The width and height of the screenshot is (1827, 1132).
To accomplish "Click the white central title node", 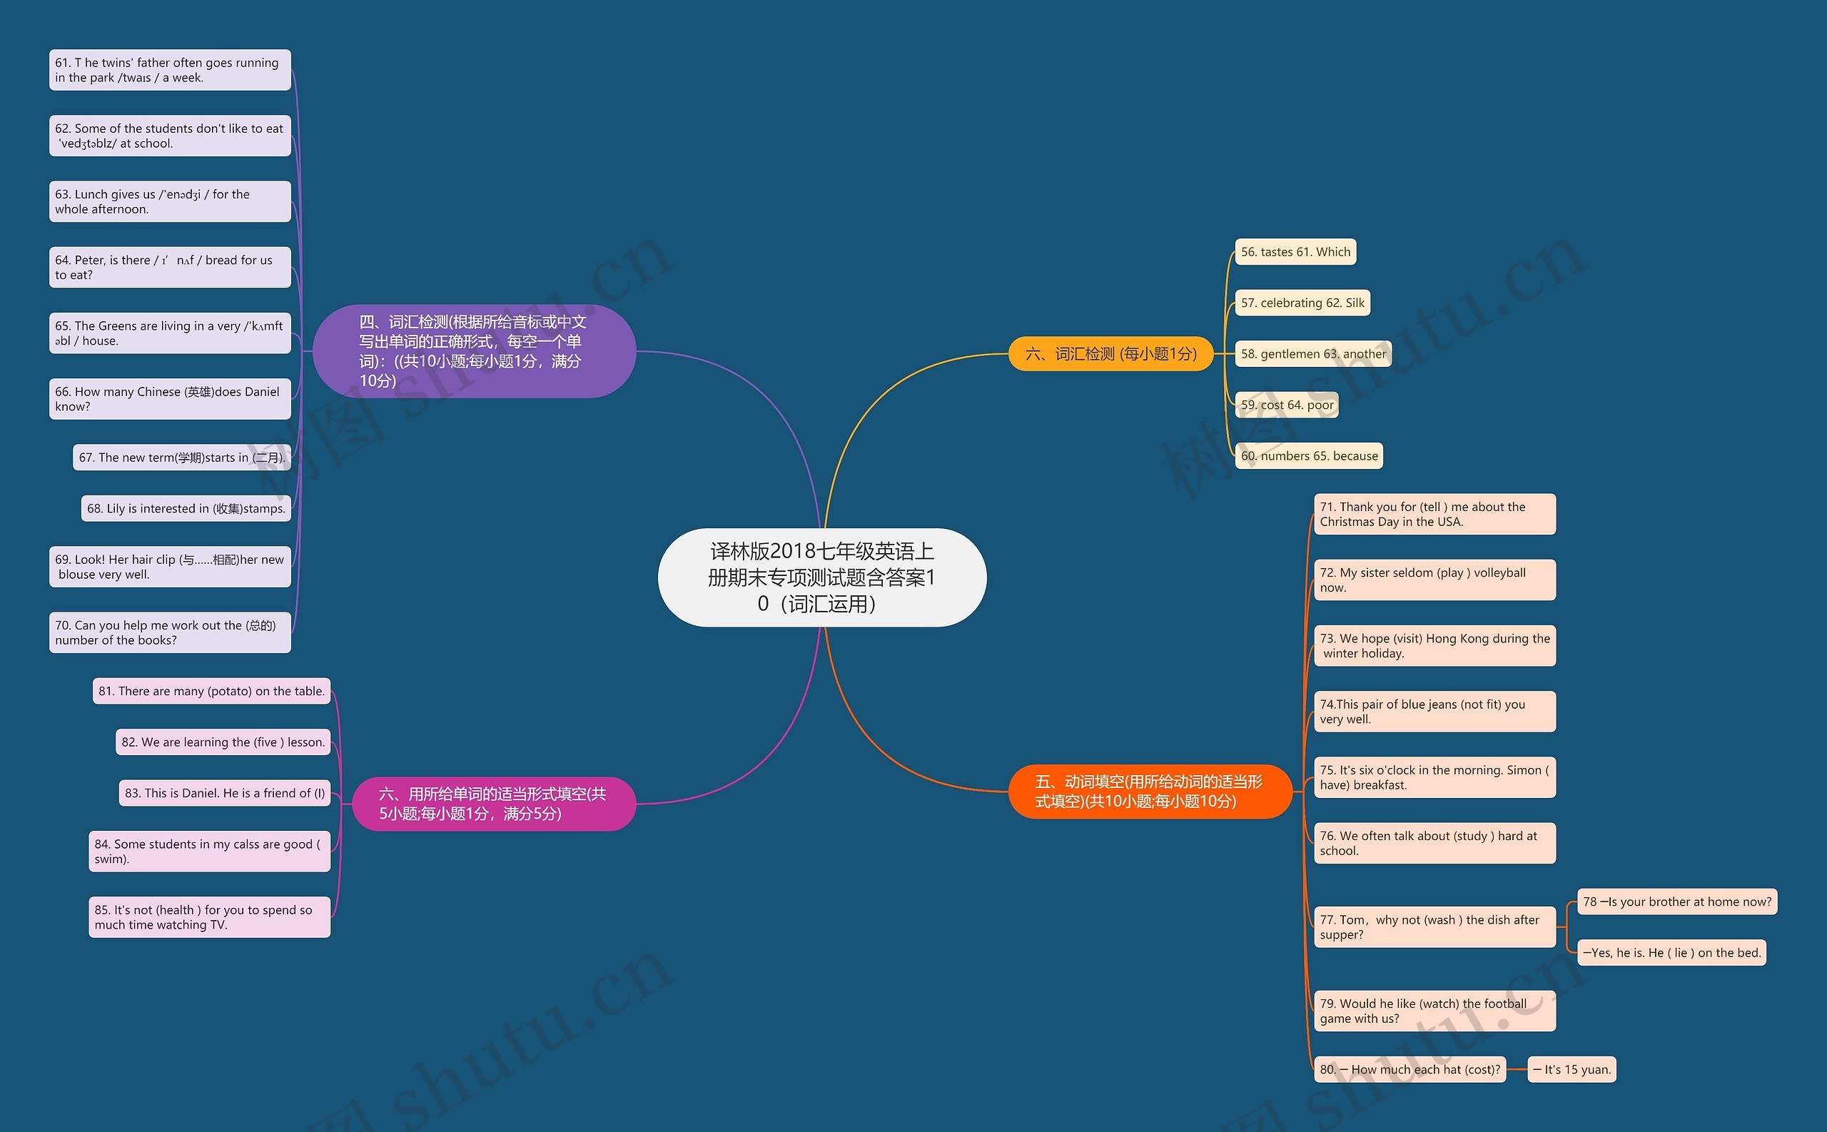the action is tap(822, 577).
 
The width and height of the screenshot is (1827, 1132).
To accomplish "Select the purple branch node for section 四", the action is tap(474, 351).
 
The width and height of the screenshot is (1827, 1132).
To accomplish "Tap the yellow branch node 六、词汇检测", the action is tap(1110, 353).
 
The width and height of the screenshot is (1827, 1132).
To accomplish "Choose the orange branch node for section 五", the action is tap(1149, 792).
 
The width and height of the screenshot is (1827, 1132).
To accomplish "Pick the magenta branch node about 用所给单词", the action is tap(493, 804).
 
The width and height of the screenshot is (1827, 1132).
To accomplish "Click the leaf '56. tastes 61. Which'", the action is tap(1295, 251).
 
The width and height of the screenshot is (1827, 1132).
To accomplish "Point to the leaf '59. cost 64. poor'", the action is tap(1287, 404).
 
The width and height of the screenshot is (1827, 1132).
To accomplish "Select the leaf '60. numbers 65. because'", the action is tap(1308, 455).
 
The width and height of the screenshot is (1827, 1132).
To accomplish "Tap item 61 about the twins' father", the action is tap(170, 70).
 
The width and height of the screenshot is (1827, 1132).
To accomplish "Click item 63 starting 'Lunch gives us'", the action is tap(170, 201).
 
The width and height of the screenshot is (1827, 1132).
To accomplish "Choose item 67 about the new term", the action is tap(182, 458).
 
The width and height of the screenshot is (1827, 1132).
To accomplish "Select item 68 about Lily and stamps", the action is tap(186, 508).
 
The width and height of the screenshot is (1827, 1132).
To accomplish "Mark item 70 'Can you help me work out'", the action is tap(170, 632).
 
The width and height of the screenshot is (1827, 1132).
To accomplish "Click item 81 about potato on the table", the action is tap(211, 691).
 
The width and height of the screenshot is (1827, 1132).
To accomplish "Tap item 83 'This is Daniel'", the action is tap(225, 793).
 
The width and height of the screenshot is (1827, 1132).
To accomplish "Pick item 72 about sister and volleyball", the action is tap(1434, 580).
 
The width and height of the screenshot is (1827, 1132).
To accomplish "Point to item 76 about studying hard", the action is tap(1434, 843).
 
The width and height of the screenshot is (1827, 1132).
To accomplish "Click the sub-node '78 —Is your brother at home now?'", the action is tap(1676, 901).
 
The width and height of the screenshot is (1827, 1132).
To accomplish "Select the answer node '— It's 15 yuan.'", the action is tap(1571, 1069).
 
